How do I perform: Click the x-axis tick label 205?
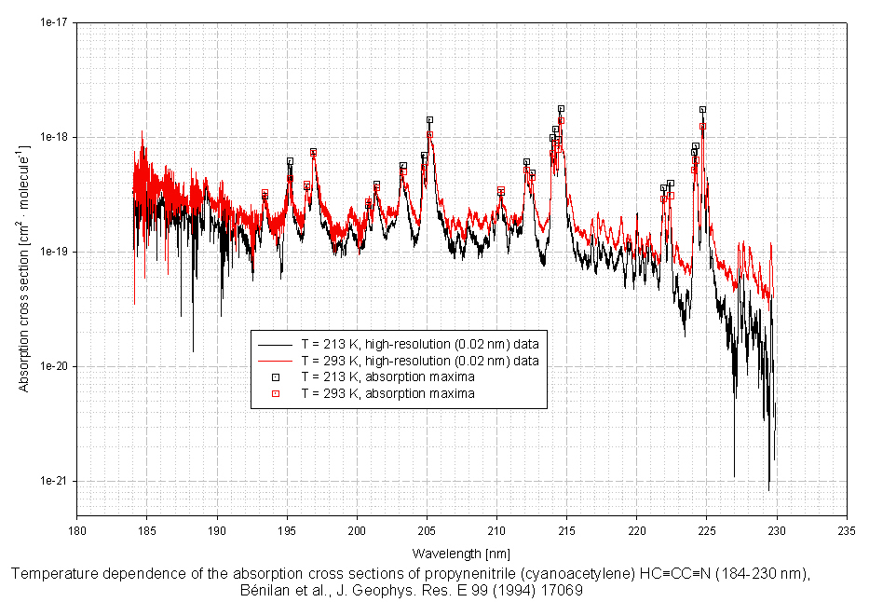[427, 527]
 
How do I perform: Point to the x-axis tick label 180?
[77, 527]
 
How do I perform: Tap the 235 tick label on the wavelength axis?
[846, 527]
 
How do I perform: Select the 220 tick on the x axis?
[636, 527]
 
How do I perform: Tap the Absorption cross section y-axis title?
[26, 252]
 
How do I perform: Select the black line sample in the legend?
[275, 344]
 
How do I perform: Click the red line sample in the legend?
[275, 361]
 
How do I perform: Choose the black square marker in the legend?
[275, 377]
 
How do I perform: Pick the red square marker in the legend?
[275, 394]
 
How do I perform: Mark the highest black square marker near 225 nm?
[702, 110]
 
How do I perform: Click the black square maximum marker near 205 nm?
[429, 120]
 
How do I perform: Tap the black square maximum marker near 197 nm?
[313, 152]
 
